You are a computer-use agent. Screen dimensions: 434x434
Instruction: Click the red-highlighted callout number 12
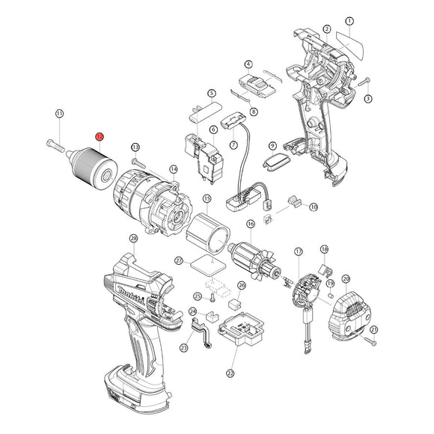coord(99,137)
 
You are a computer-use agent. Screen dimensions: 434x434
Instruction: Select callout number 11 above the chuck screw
coord(60,113)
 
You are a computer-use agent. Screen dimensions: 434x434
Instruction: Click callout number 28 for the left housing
coord(134,238)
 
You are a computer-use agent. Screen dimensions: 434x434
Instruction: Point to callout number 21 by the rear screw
coord(374,329)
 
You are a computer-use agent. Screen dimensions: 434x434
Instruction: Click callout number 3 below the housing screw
coord(368,98)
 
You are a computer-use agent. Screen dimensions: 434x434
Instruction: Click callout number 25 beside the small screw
coord(198,296)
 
